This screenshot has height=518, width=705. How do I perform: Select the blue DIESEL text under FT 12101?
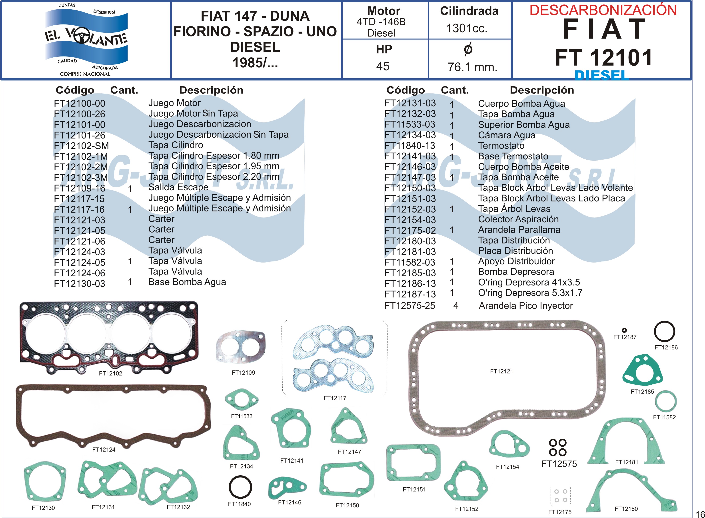coord(602,75)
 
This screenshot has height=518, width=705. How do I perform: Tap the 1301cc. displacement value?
coord(467,28)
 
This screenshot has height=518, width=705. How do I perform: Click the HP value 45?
coord(383,66)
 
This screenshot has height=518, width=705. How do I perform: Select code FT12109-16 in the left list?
coord(80,189)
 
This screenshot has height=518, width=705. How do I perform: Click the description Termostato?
coord(501,146)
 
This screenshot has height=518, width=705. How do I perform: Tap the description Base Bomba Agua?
coord(187,282)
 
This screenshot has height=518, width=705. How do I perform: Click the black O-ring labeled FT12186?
coord(664,331)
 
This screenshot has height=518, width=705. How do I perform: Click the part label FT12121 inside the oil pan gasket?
coord(501,371)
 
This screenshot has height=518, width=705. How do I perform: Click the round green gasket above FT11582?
coord(665,401)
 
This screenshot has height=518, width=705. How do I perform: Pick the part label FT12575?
coord(559,464)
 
